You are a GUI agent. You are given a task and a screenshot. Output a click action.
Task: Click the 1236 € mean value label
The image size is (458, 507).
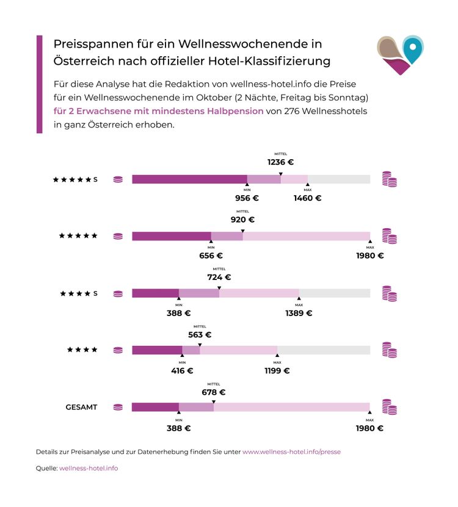(280, 162)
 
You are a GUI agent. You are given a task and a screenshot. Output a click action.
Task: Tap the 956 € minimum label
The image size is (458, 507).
(247, 198)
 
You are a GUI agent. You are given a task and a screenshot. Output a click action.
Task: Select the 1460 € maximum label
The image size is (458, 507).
(307, 198)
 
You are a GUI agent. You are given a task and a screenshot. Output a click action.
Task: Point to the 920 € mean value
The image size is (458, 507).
(242, 220)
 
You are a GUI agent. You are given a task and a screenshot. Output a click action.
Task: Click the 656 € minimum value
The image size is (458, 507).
(211, 256)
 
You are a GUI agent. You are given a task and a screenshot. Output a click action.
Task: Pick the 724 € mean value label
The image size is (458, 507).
(219, 277)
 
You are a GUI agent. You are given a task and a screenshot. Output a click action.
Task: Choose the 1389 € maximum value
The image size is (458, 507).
(299, 313)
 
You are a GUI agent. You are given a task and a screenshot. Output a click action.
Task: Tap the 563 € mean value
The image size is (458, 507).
(200, 334)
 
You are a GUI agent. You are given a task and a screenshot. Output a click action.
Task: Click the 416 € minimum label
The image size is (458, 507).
(182, 370)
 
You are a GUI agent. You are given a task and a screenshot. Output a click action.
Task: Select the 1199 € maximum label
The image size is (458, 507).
(277, 370)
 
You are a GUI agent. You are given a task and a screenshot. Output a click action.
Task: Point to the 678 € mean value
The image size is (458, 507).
(213, 392)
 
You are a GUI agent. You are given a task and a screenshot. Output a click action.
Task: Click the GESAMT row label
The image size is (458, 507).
(81, 407)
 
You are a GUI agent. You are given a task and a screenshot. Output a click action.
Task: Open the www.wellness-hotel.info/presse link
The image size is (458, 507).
(291, 452)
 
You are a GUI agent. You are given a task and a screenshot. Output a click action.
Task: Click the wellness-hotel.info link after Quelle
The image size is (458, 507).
(89, 468)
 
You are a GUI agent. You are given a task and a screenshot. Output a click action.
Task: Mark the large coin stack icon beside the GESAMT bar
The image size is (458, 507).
(389, 407)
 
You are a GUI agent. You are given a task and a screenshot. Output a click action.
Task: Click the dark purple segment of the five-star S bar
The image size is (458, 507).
(189, 179)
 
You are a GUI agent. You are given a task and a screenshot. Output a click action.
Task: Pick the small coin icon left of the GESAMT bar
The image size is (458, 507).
(118, 407)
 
